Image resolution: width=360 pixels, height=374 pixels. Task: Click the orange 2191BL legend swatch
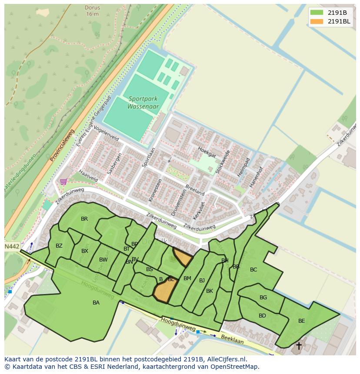click(x=317, y=22)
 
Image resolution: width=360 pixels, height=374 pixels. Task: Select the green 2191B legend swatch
click(x=317, y=13)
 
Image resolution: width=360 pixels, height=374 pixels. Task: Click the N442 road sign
click(x=12, y=246)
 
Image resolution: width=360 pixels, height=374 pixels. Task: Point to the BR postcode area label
click(x=84, y=219)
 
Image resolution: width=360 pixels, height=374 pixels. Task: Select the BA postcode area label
click(x=96, y=303)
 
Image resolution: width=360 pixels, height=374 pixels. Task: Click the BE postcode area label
click(x=301, y=321)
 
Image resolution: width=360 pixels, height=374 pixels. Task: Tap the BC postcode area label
click(x=253, y=270)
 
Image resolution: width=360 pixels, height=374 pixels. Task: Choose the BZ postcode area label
click(x=59, y=246)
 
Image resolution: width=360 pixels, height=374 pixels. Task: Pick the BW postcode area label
click(x=103, y=260)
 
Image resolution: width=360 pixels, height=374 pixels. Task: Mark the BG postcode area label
click(x=263, y=298)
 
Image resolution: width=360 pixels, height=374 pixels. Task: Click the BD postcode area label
click(x=262, y=316)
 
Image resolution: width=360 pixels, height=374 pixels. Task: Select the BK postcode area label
click(x=210, y=291)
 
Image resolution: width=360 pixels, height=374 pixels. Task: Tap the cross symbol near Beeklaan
click(x=299, y=346)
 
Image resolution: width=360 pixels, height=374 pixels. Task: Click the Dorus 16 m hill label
click(x=92, y=10)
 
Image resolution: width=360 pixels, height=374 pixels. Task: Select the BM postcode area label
click(x=187, y=278)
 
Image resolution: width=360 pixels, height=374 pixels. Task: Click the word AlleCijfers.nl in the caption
click(x=226, y=359)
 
